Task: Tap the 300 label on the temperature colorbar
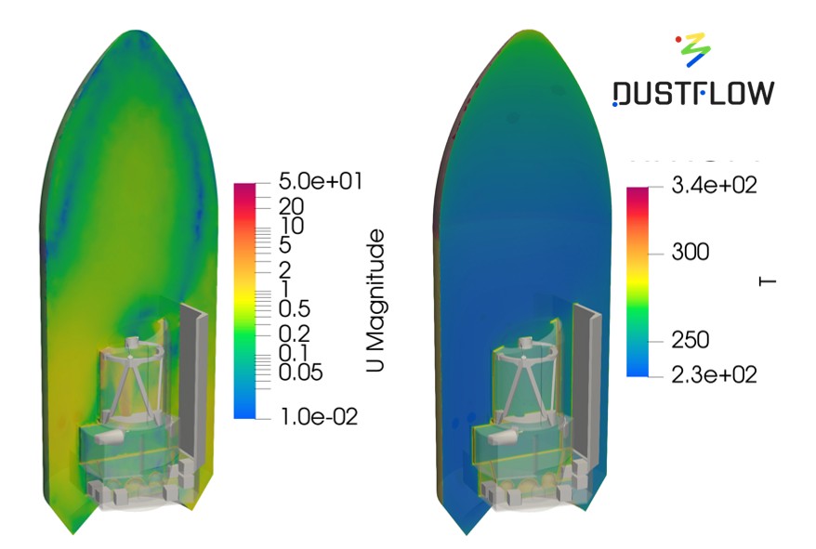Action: (691, 253)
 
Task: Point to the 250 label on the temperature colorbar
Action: (691, 340)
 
